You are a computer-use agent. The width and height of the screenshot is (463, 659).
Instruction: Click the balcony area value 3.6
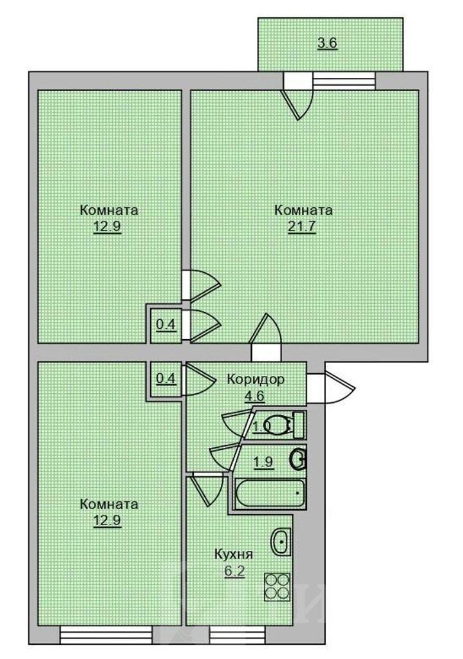[x=328, y=43]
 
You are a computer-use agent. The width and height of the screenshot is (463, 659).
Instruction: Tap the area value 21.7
[x=302, y=227]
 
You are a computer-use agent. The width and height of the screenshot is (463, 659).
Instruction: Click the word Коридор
[x=256, y=379]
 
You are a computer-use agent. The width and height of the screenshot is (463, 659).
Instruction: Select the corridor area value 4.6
[x=255, y=396]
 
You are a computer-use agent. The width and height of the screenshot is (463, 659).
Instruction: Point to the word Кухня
[x=234, y=554]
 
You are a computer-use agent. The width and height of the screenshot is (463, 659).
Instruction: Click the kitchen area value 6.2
[x=234, y=571]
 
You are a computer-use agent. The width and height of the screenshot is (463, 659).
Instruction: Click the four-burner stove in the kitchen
[x=278, y=586]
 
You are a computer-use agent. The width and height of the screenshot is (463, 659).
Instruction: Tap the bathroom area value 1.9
[x=263, y=462]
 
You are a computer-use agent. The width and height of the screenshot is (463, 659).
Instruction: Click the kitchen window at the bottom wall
[x=237, y=635]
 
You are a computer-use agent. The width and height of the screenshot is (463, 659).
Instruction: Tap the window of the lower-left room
[x=106, y=635]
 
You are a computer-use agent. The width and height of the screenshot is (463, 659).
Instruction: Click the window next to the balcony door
[x=344, y=81]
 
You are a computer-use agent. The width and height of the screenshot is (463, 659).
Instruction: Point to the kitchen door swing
[x=206, y=489]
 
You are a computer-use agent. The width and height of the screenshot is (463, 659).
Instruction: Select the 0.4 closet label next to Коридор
[x=165, y=378]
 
